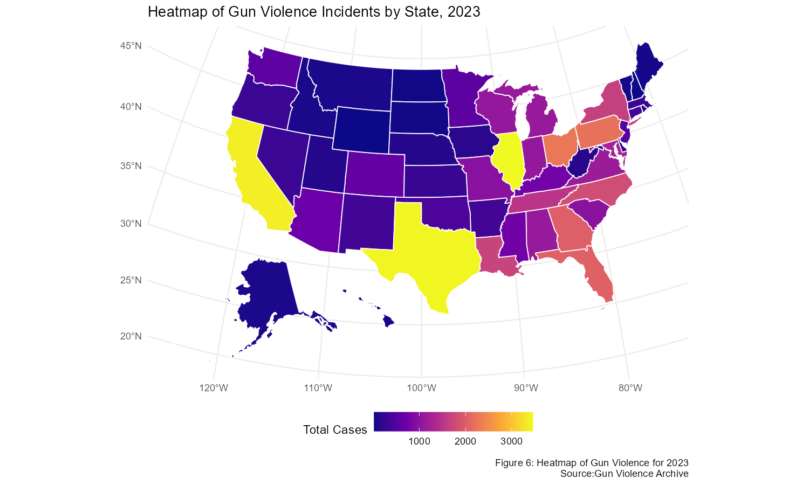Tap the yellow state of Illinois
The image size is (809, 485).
click(509, 159)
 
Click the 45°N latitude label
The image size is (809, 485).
click(131, 46)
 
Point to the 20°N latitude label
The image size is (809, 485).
click(131, 336)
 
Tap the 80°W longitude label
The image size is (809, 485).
click(630, 388)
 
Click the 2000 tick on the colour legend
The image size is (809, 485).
click(465, 442)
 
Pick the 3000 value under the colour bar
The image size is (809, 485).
click(511, 442)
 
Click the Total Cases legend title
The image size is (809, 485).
click(335, 429)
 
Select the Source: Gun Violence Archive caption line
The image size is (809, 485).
click(624, 474)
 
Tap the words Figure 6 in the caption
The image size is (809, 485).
click(512, 463)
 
